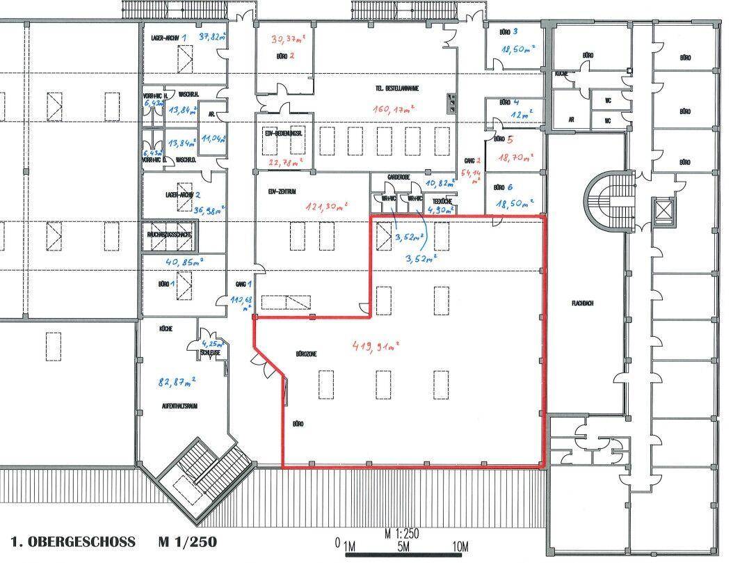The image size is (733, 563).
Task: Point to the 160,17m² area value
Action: click(x=394, y=109)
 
